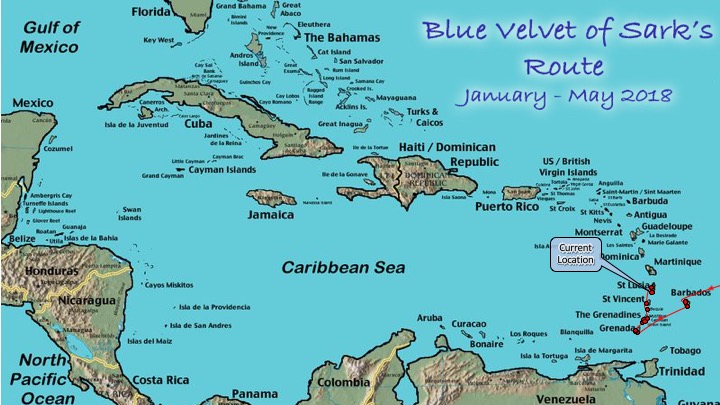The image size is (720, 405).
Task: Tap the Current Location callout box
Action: pyautogui.click(x=576, y=254)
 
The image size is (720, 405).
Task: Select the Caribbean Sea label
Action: pyautogui.click(x=343, y=268)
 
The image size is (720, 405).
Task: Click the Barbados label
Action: pyautogui.click(x=689, y=293)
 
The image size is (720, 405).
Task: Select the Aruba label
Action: pyautogui.click(x=429, y=317)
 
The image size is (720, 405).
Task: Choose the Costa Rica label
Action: pyautogui.click(x=161, y=380)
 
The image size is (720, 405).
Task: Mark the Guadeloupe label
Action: pyautogui.click(x=675, y=226)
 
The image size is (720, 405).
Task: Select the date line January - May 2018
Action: pyautogui.click(x=564, y=96)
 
